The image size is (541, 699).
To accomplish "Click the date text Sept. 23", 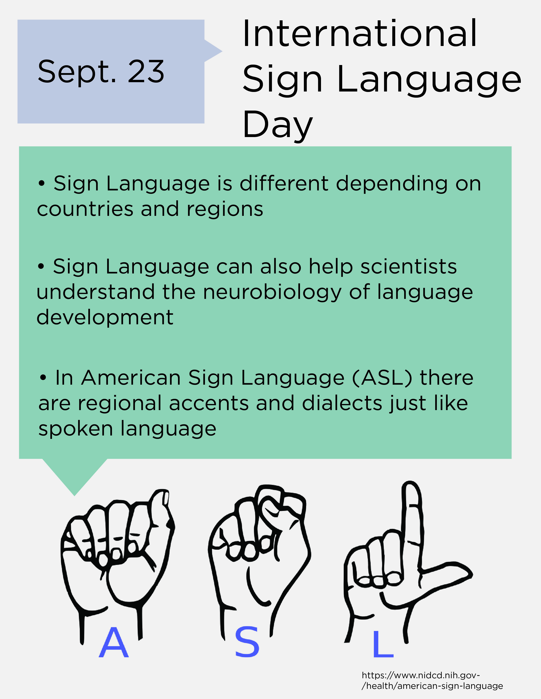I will click(x=101, y=72).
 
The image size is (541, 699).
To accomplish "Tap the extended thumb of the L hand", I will click(x=449, y=573).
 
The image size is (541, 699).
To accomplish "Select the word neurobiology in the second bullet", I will click(x=272, y=292).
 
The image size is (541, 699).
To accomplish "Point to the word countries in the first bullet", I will click(x=85, y=209).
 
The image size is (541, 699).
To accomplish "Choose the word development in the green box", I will click(x=105, y=318).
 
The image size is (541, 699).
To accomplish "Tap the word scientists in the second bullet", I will click(x=408, y=267).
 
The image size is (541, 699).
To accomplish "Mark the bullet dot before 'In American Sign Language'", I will click(x=43, y=378).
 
